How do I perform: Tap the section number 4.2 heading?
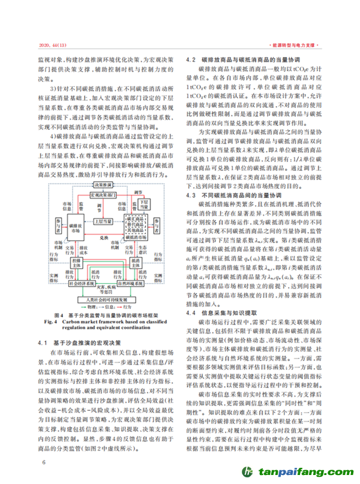[x=192, y=61]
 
